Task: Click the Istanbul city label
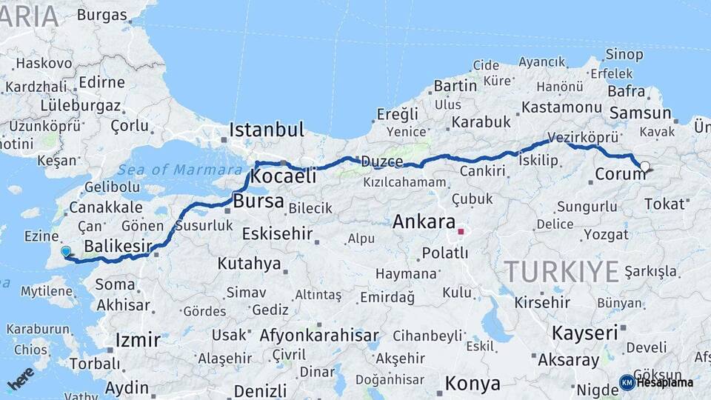pos(266,130)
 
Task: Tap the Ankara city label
pos(424,221)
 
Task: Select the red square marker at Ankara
pos(461,232)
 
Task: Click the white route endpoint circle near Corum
pos(645,167)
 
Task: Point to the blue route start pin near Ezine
pos(66,252)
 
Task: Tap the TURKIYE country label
pos(561,272)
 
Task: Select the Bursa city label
pos(258,201)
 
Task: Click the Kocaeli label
pos(283,176)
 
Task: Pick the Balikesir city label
pos(118,245)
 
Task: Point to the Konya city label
pos(472,384)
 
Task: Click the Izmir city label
pos(138,341)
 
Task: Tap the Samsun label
pos(640,113)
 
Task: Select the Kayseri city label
pos(584,333)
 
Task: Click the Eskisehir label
pos(277,234)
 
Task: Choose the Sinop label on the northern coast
pos(624,53)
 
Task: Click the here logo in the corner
pos(21,379)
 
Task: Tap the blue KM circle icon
pos(627,382)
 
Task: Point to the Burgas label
pos(102,14)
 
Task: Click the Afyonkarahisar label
pos(319,335)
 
